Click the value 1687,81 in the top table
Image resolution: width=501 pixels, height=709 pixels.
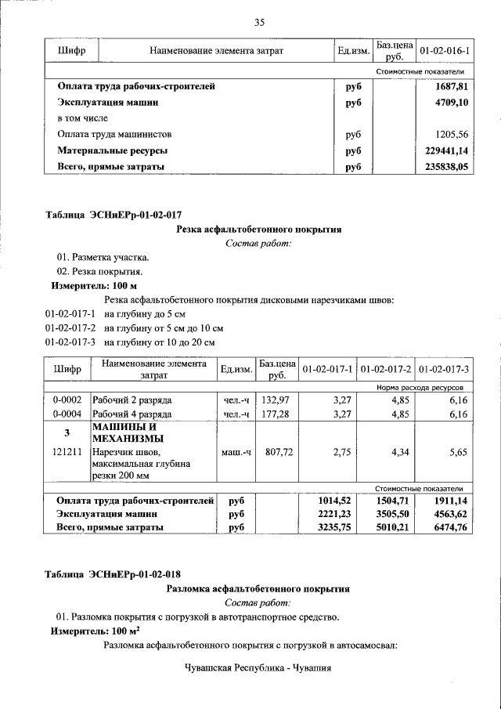tap(452, 87)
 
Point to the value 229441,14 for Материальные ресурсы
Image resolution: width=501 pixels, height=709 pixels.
tap(446, 150)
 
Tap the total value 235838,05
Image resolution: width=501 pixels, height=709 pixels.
tap(446, 167)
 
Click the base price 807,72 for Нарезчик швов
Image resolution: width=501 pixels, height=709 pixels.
tap(276, 452)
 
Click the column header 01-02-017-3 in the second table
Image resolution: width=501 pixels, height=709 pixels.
tap(444, 369)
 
